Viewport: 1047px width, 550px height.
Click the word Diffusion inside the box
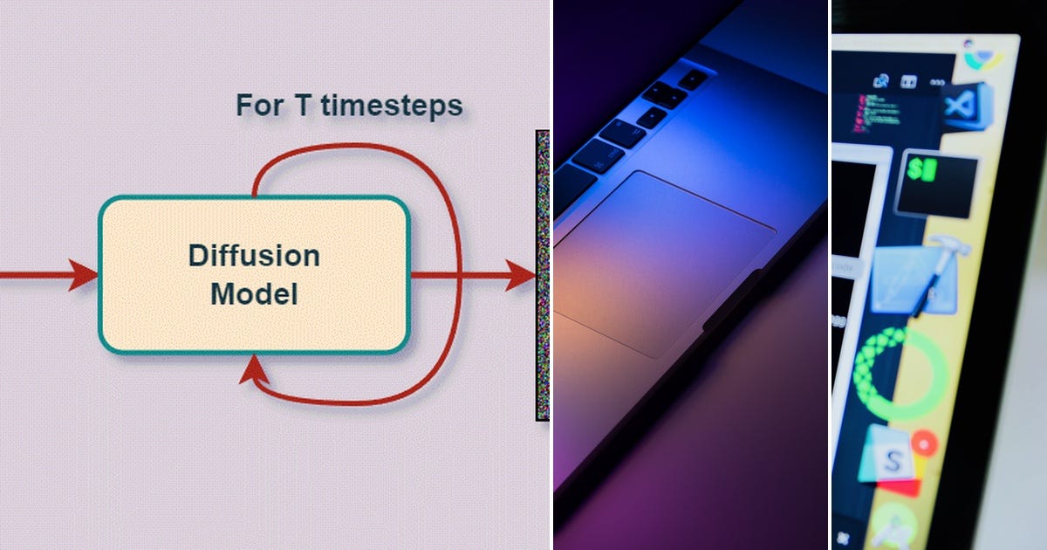coord(254,257)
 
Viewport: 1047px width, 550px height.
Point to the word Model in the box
coord(254,294)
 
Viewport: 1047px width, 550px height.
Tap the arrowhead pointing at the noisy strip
coord(523,275)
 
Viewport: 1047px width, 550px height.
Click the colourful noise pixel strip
coord(543,275)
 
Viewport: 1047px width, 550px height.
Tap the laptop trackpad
coord(663,262)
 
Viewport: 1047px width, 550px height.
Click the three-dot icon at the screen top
coord(939,83)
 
